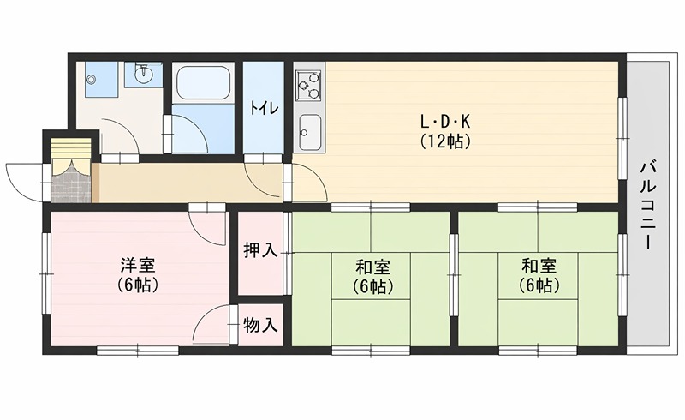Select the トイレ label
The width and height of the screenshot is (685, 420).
click(x=263, y=109)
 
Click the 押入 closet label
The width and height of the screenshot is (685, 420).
click(x=260, y=250)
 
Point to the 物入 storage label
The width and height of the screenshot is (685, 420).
click(x=260, y=325)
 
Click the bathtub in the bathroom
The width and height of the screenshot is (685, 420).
click(x=203, y=84)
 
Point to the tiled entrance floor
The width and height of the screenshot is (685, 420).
click(x=69, y=184)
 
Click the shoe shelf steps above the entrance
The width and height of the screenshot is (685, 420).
click(x=69, y=149)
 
